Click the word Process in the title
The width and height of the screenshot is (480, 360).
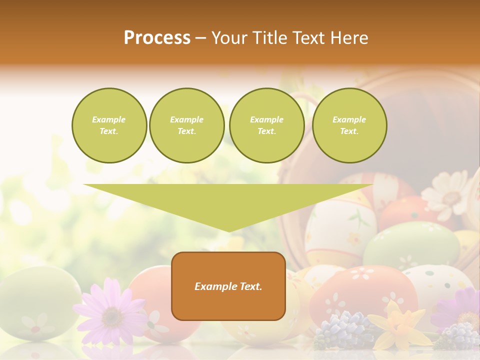157,38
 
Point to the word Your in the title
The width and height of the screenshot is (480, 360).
229,38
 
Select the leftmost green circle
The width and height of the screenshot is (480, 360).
109,125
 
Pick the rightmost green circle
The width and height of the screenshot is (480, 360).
349,125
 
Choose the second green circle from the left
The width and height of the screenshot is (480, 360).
186,125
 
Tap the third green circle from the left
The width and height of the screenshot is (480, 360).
266,125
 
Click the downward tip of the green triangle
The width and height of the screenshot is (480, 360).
228,229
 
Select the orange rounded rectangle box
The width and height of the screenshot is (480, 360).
228,285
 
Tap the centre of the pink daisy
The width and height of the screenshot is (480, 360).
111,316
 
